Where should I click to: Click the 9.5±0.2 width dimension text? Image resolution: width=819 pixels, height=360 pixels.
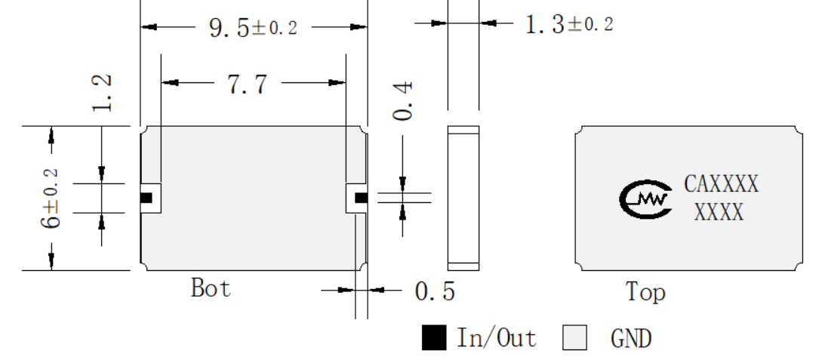(x=254, y=27)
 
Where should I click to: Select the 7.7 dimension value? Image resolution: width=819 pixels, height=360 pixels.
(x=248, y=84)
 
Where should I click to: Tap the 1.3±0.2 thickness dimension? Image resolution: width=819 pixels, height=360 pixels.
(x=569, y=24)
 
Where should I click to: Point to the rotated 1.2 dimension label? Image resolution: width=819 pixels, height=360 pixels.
(x=102, y=93)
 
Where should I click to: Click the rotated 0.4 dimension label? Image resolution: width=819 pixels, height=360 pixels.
(x=403, y=101)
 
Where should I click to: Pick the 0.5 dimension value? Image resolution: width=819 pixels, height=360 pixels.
(x=435, y=291)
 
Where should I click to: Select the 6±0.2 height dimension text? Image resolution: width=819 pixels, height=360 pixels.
(x=51, y=198)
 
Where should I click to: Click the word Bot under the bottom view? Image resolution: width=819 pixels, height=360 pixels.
(x=211, y=288)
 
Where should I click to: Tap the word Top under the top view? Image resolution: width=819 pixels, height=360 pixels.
(x=646, y=292)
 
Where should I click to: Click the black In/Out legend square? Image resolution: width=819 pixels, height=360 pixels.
(x=434, y=337)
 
